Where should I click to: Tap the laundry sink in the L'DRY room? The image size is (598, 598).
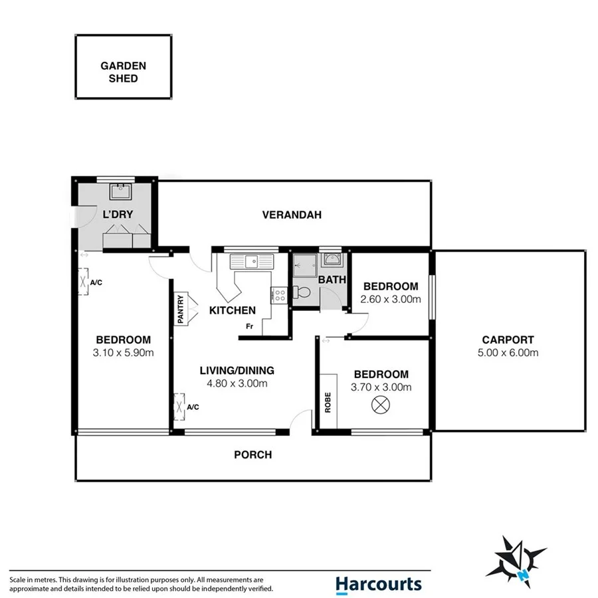coord(120,193)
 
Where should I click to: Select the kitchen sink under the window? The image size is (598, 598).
coord(252,262)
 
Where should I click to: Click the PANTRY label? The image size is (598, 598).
coord(180,310)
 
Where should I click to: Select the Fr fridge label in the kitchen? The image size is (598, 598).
coord(250,326)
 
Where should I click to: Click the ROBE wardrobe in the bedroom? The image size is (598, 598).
coord(328,401)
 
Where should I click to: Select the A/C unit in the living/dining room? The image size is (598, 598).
coord(179,407)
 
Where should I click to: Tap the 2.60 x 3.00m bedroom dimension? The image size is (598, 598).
coord(391,299)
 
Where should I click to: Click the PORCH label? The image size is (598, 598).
coord(252,455)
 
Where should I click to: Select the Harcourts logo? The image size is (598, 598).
coord(378,583)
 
